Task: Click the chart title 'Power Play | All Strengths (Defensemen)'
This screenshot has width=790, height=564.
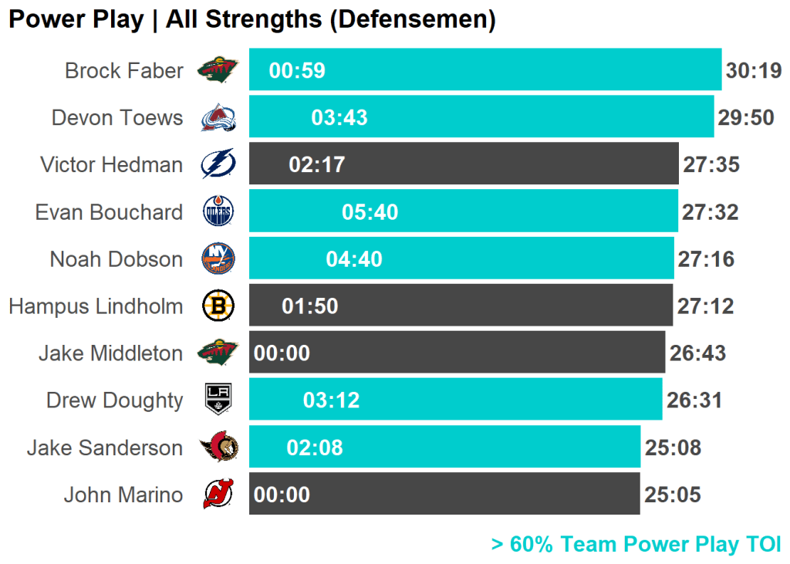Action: (252, 19)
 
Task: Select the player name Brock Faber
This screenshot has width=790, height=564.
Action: (124, 71)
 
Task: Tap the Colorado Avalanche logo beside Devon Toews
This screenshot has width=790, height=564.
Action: (218, 118)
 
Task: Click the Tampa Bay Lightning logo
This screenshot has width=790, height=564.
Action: (218, 164)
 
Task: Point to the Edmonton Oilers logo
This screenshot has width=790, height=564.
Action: (218, 211)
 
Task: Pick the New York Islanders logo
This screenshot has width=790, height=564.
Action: (218, 258)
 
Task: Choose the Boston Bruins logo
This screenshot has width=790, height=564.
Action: (218, 306)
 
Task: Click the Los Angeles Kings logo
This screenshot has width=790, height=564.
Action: (218, 400)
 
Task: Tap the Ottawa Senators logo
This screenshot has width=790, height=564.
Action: (219, 447)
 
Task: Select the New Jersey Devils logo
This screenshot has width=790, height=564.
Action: (218, 495)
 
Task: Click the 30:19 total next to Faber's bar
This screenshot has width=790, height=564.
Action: (754, 71)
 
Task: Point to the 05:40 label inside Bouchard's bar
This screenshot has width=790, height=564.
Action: (370, 212)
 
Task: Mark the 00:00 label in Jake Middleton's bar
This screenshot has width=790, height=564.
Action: (282, 353)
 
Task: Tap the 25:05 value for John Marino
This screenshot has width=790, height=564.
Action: (673, 495)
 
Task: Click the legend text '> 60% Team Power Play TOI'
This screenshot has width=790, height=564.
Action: (636, 545)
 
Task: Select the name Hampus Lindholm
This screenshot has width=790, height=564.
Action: (96, 306)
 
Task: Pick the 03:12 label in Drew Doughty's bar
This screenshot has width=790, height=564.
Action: (332, 400)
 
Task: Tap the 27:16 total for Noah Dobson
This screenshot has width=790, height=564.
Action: (706, 259)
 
